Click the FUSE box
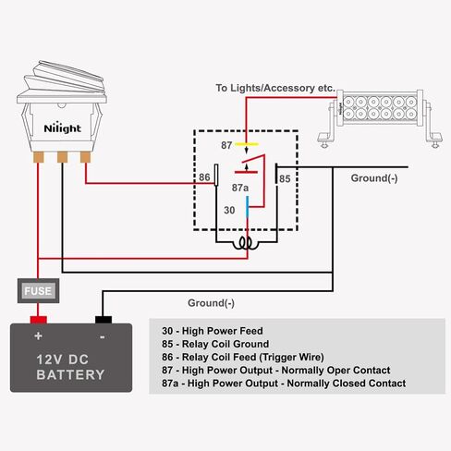(x=38, y=290)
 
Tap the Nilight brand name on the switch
(x=63, y=128)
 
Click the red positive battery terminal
(x=39, y=320)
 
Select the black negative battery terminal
(x=104, y=320)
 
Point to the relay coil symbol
(x=246, y=243)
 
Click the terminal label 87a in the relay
(x=240, y=188)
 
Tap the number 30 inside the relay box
(x=229, y=210)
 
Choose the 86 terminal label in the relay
(x=204, y=177)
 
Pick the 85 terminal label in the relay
(x=285, y=178)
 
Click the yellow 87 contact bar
(x=247, y=144)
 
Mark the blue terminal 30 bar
(x=247, y=206)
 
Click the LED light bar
(x=380, y=118)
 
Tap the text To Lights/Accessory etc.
(x=275, y=88)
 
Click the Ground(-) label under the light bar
(x=374, y=178)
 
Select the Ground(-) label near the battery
(x=212, y=303)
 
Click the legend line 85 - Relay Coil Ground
(x=215, y=344)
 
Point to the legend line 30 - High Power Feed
(x=213, y=331)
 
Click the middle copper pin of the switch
(x=63, y=157)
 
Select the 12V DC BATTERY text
(x=70, y=367)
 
